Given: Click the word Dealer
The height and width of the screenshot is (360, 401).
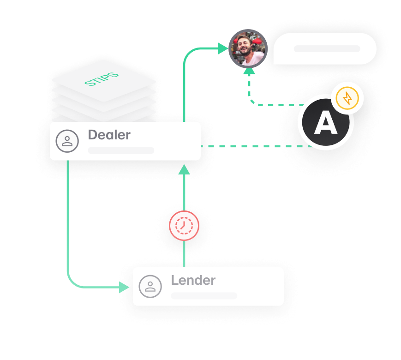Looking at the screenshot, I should [109, 135].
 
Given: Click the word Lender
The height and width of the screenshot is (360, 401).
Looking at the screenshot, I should [193, 280].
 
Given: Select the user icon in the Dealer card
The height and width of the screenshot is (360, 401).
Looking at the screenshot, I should [67, 141].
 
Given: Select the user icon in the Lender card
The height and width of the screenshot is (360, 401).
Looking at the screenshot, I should [150, 286].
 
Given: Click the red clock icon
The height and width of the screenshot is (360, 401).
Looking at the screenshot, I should [184, 226].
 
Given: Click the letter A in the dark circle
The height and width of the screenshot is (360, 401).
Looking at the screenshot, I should [326, 124].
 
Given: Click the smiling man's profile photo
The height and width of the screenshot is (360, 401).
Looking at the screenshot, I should [248, 48].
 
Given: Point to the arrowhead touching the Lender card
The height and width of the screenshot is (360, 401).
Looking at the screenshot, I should [124, 288].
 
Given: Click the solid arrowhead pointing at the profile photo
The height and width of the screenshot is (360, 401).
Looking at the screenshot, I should [223, 48].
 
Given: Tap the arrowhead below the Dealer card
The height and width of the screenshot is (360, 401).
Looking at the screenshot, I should [184, 169].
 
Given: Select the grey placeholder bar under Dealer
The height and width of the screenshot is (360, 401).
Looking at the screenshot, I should [121, 150].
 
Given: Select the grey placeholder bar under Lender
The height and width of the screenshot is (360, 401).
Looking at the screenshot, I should [204, 295].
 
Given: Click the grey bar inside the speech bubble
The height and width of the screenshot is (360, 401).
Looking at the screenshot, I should [327, 48].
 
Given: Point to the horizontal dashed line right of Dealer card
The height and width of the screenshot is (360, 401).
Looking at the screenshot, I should [254, 146].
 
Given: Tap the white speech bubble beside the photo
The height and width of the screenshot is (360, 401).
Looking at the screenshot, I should [325, 48].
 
